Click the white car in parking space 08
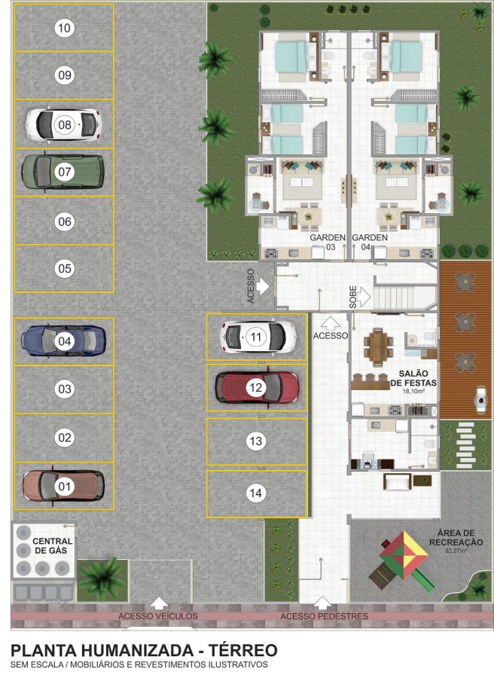click(x=64, y=124)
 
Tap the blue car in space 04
click(x=64, y=341)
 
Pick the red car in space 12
click(x=257, y=387)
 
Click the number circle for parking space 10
click(x=65, y=29)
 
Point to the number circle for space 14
click(x=257, y=493)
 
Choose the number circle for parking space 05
click(x=65, y=268)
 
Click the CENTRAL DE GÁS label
click(x=53, y=546)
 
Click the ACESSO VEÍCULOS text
click(x=158, y=616)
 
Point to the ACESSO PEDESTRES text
click(x=324, y=616)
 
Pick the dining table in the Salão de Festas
click(x=379, y=346)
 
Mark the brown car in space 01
click(x=64, y=485)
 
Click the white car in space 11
click(x=257, y=336)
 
